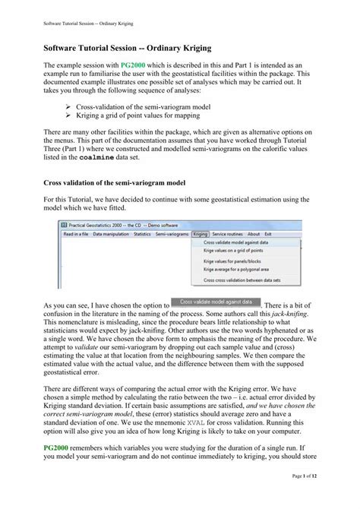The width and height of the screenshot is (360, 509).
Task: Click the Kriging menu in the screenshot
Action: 201,234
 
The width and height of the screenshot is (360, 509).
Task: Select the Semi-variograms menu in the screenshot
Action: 172,234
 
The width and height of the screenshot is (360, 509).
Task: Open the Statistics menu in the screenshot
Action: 142,234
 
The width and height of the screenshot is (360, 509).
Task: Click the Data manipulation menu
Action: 111,234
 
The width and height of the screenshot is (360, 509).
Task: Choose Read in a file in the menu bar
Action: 76,234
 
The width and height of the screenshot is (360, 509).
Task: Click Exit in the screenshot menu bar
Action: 268,234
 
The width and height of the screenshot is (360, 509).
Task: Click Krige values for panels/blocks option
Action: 228,261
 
